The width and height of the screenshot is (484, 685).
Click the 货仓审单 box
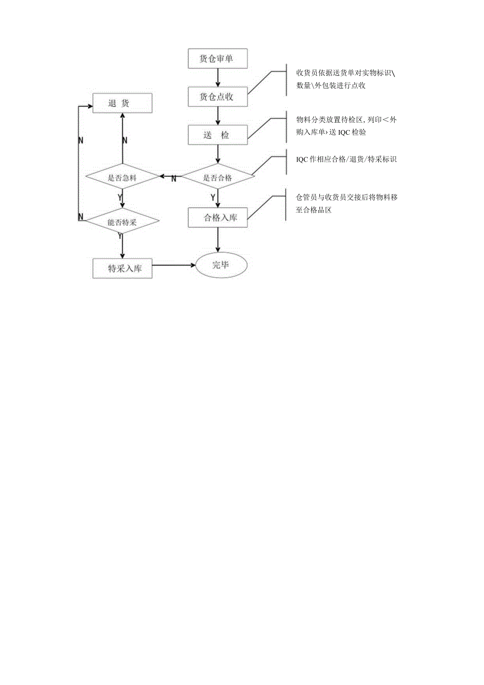click(x=217, y=58)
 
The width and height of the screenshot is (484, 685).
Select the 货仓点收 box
click(x=217, y=96)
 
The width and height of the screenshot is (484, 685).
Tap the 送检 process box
click(x=217, y=135)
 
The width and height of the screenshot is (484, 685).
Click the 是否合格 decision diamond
click(x=217, y=177)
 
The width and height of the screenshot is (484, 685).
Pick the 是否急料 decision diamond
click(x=122, y=177)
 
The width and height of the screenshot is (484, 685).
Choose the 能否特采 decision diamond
click(x=122, y=222)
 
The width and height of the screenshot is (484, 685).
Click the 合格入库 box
click(x=217, y=217)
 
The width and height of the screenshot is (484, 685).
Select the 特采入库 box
click(x=122, y=268)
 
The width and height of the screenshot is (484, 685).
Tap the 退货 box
click(x=122, y=103)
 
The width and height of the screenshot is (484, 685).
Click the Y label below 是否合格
click(x=213, y=197)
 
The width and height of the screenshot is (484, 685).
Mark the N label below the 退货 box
click(x=125, y=140)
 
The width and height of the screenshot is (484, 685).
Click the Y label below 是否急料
click(x=120, y=197)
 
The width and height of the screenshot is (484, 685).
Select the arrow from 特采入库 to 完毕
click(x=174, y=266)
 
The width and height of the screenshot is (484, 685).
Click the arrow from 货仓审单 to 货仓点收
click(x=217, y=77)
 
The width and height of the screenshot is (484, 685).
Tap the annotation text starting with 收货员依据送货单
click(x=345, y=78)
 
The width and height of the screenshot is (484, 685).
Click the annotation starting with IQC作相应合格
click(x=346, y=158)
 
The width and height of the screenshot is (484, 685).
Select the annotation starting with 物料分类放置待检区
click(x=346, y=126)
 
